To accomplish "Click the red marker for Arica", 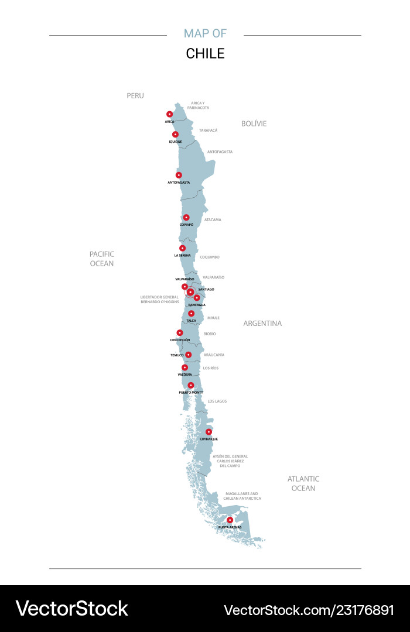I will tap(170, 115).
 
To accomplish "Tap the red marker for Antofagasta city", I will tap(179, 175).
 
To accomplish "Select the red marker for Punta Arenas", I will tap(230, 520).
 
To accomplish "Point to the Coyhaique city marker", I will tap(209, 432).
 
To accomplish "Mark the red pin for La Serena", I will tap(182, 248).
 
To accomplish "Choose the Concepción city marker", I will tap(180, 333).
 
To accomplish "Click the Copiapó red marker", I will tap(186, 218).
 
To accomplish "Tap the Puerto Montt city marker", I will tap(191, 385).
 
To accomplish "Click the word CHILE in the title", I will tap(205, 53).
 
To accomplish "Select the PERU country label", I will tap(135, 95).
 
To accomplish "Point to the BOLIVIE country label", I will tap(254, 123).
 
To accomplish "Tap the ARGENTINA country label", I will tap(262, 323).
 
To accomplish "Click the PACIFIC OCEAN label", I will tap(102, 259).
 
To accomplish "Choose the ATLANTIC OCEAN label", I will tap(303, 483).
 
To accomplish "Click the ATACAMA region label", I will tap(213, 220).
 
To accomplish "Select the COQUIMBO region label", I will tap(210, 257).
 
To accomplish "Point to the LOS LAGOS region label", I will tap(217, 401).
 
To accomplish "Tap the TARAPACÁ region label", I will tap(208, 130).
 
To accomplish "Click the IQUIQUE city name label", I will tap(175, 142).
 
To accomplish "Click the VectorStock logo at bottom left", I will tap(71, 609).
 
